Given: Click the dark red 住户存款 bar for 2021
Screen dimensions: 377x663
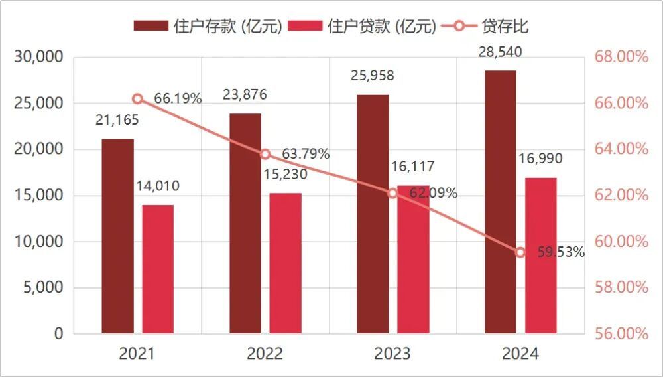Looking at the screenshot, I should point(117,236).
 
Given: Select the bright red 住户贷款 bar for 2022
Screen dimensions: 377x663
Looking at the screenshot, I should point(285,263).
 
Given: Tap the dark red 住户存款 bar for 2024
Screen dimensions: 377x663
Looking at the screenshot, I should point(500,202).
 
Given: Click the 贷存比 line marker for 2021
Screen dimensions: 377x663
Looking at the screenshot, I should point(137,99).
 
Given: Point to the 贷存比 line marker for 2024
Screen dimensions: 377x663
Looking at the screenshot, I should point(520,252).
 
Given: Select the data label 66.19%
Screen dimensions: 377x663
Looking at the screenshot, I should point(177,99).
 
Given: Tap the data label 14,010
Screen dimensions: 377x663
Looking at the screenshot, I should point(158,187).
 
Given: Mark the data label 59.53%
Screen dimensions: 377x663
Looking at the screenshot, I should point(561,252).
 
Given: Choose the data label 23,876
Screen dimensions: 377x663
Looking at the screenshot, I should point(245,95).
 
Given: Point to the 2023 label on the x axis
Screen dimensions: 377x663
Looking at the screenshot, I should point(392,354).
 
